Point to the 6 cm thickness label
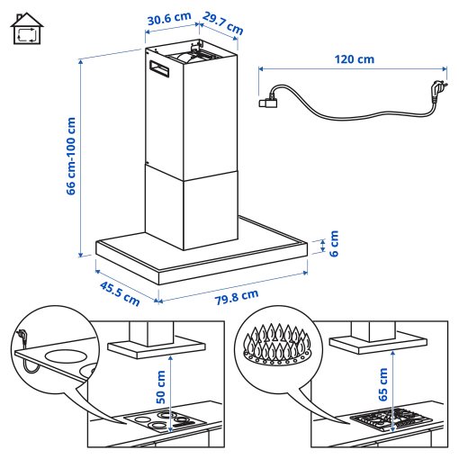pos(332,243)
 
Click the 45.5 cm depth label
pos(120,290)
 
